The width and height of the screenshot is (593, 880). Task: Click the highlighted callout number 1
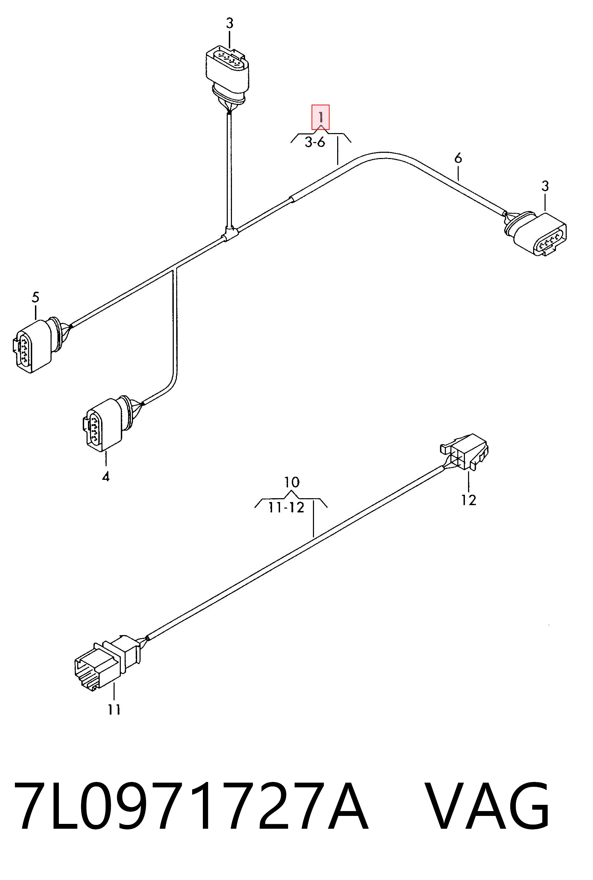(320, 117)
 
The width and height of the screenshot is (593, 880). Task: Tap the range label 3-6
(315, 143)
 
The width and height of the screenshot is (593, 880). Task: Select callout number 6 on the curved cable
(458, 158)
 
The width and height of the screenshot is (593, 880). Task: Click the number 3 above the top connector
(230, 24)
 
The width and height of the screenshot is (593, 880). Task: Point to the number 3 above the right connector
(545, 186)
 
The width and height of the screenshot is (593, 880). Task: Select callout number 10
(291, 482)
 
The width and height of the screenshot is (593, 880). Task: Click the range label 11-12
(286, 508)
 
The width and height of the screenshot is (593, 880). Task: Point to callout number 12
(469, 500)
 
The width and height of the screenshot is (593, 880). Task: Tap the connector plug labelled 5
(40, 345)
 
